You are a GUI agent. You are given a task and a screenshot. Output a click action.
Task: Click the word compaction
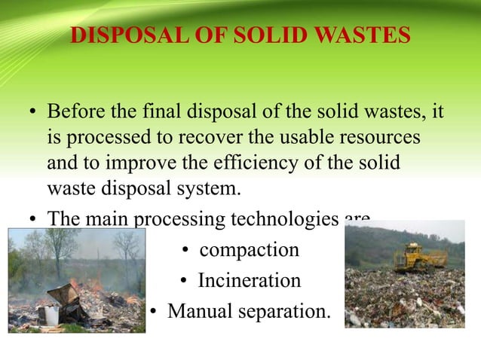click(x=250, y=249)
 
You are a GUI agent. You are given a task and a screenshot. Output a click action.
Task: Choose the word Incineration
click(x=250, y=280)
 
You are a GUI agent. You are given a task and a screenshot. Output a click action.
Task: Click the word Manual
click(x=198, y=310)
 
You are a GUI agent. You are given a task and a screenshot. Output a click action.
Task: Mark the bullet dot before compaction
click(x=185, y=251)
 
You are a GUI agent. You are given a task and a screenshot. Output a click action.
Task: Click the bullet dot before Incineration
click(x=185, y=282)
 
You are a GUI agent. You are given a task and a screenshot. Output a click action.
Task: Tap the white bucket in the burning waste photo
click(x=52, y=314)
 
